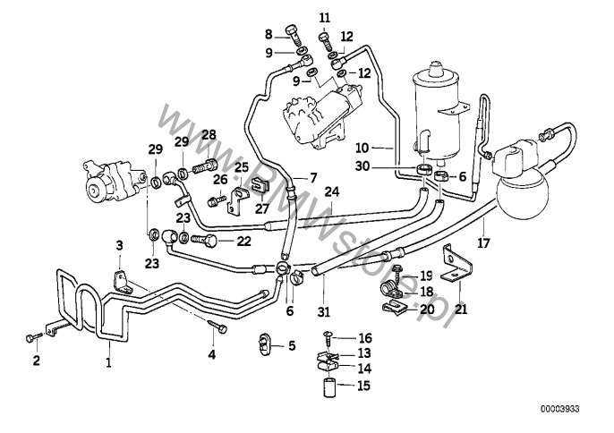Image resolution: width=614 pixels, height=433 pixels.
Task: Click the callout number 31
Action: point(324,311)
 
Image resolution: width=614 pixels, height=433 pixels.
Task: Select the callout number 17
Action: point(483,243)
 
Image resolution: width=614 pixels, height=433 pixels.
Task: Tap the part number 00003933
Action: point(560,409)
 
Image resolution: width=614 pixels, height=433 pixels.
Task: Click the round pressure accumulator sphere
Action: point(523,195)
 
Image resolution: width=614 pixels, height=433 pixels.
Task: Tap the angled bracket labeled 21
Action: point(456,263)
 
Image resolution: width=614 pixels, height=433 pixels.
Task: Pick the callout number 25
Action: point(242,167)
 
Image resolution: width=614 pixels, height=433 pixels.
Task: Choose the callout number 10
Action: point(362,148)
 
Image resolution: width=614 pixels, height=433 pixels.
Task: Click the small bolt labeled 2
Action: point(32,337)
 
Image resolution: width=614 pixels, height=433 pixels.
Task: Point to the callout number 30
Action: point(362,166)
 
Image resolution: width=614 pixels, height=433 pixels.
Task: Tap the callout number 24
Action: point(332,191)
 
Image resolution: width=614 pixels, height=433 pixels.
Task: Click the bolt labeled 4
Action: point(217,326)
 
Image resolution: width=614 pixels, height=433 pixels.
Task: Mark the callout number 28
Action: point(209,135)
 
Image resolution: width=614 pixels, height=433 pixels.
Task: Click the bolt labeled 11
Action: point(326,42)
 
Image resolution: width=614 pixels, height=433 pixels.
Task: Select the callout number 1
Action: point(109,362)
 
